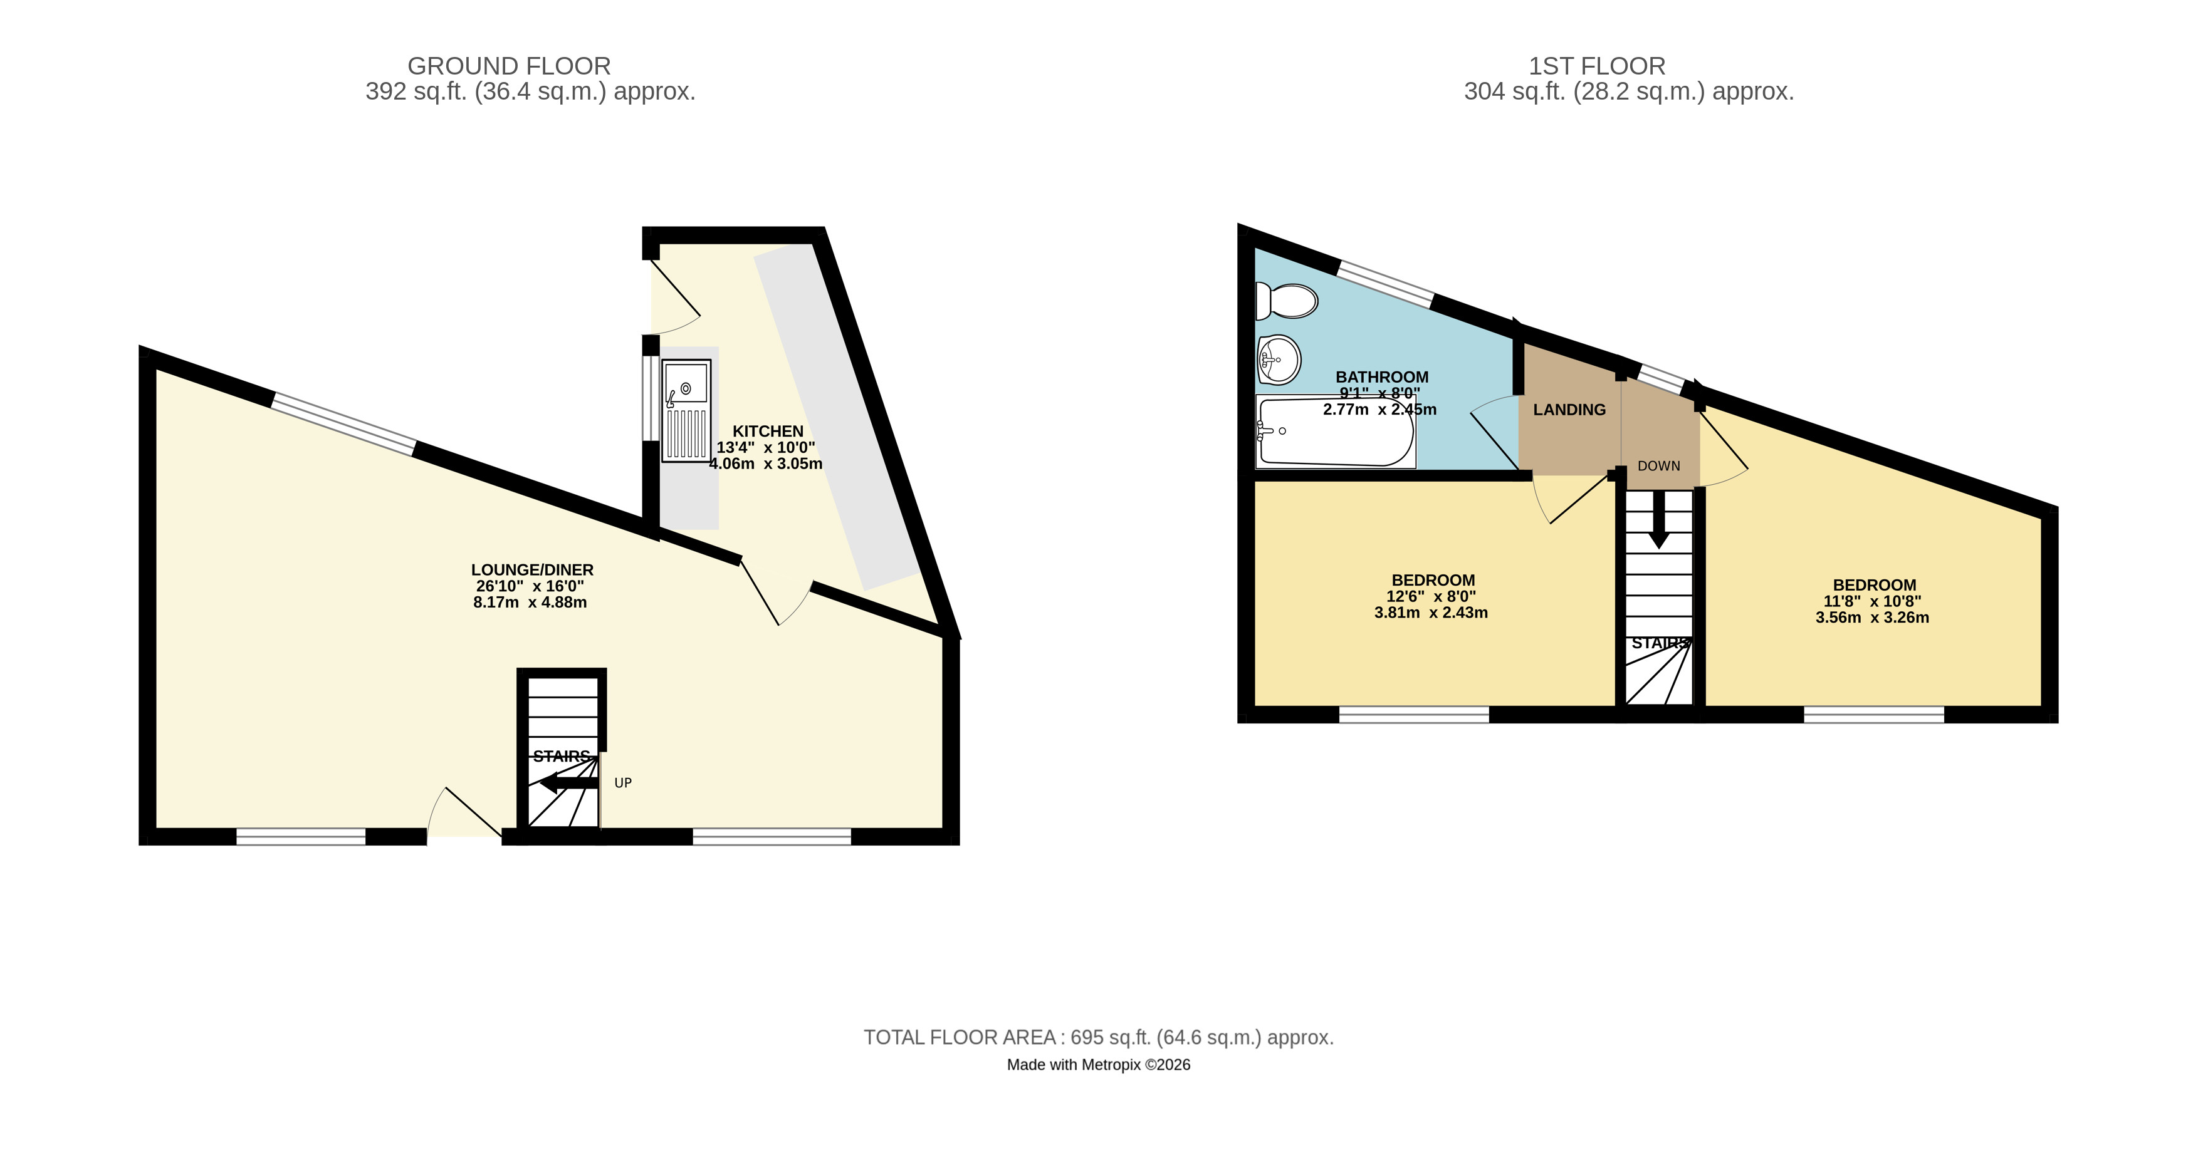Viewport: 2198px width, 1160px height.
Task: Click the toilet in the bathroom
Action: tap(1287, 300)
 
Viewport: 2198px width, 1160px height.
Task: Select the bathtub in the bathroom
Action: tap(1336, 432)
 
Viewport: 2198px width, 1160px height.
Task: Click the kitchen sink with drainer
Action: tap(686, 410)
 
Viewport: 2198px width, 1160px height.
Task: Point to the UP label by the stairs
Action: tap(623, 783)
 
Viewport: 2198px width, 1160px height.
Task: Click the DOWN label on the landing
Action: tap(1659, 466)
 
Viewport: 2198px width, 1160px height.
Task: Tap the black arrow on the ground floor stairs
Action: tap(568, 783)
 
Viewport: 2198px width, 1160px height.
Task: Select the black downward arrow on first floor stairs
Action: tap(1659, 520)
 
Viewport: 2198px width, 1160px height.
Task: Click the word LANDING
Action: tap(1569, 410)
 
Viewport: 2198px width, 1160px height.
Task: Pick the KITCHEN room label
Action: tap(768, 432)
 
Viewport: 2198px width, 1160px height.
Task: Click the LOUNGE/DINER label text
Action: tap(533, 570)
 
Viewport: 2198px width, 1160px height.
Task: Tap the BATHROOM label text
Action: tap(1381, 377)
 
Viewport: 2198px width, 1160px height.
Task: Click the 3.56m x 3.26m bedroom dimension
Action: tap(1872, 618)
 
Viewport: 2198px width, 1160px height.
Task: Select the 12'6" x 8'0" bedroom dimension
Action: tap(1431, 596)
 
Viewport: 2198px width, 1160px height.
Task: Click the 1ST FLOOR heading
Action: tap(1596, 66)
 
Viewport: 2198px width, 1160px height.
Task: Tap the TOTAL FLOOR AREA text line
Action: tap(1098, 1037)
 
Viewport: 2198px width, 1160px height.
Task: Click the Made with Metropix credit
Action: tap(1098, 1064)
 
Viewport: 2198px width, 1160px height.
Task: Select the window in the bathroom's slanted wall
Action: tap(1386, 284)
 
